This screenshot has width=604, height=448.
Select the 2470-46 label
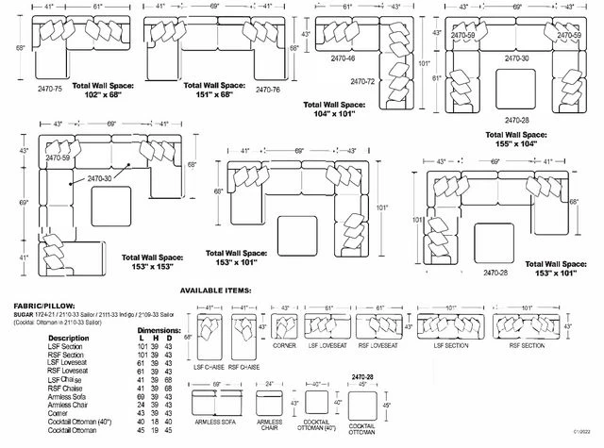coord(343,58)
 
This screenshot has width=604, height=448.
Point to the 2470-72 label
coord(364,82)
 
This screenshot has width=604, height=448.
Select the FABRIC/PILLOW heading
coord(46,307)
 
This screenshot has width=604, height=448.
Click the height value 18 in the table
coord(156,421)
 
